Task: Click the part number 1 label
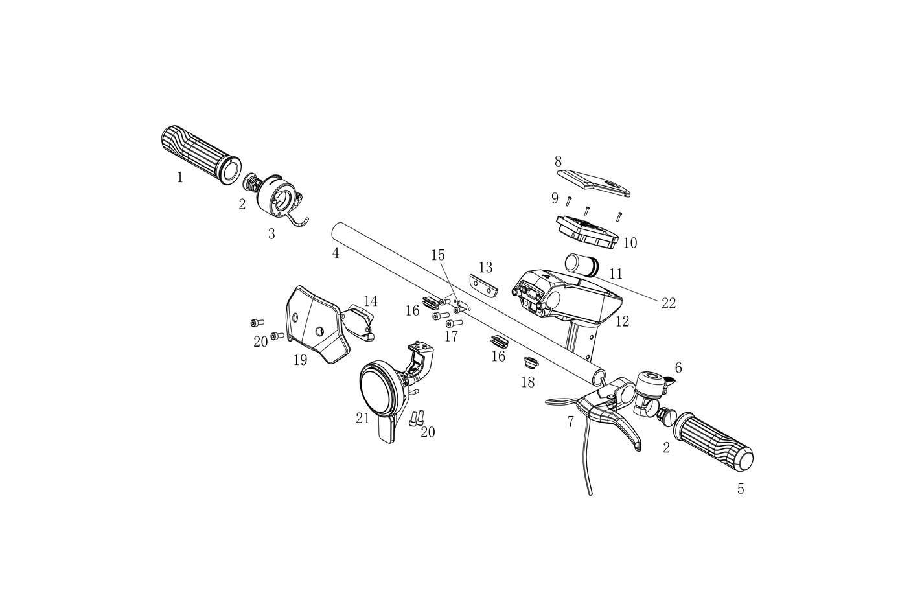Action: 179,178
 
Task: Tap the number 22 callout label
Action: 669,303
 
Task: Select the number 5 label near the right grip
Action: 741,489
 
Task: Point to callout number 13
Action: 486,268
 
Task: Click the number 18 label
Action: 527,382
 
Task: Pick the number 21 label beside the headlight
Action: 363,419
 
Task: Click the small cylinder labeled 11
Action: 579,264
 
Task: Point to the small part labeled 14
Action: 358,322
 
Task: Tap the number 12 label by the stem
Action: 623,321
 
